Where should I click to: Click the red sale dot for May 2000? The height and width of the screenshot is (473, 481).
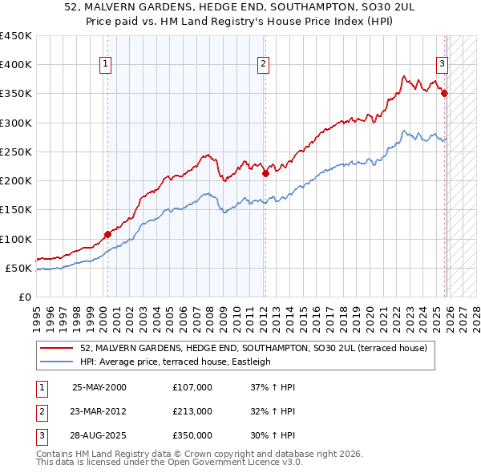pyautogui.click(x=107, y=235)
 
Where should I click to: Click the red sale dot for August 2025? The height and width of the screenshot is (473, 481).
pyautogui.click(x=444, y=94)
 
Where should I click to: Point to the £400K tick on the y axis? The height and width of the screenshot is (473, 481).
pyautogui.click(x=16, y=65)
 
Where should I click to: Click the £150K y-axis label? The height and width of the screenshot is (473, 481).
pyautogui.click(x=16, y=210)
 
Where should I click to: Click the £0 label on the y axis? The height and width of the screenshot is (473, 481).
pyautogui.click(x=24, y=297)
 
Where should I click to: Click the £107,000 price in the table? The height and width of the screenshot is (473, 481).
pyautogui.click(x=192, y=387)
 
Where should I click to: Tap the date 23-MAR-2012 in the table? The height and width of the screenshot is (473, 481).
pyautogui.click(x=99, y=411)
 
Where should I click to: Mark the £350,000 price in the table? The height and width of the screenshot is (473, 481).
pyautogui.click(x=192, y=435)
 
